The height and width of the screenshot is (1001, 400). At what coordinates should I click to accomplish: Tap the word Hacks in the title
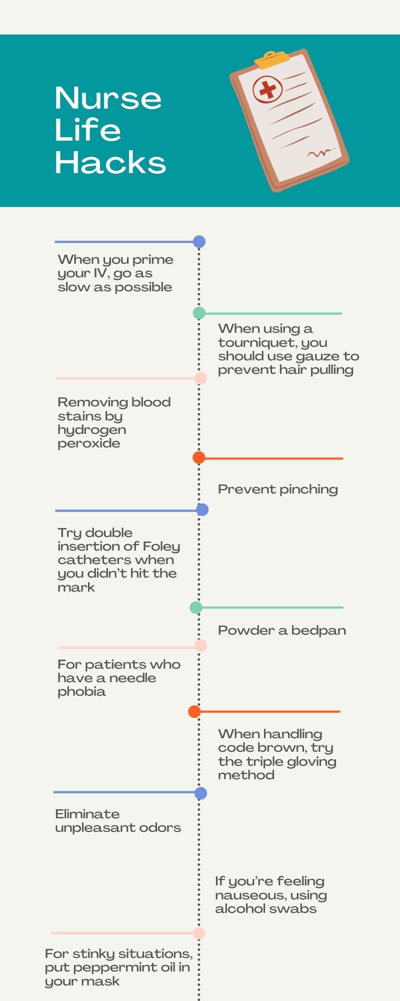point(110,163)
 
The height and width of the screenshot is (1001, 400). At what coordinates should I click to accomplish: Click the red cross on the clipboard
point(267,90)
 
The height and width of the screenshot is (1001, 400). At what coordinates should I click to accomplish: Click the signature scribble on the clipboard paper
point(320,153)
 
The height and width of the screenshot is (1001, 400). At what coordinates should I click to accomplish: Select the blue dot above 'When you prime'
point(199,242)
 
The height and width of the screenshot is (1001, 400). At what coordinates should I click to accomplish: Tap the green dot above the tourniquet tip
point(199,313)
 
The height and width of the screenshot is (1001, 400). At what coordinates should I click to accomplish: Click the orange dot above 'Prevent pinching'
point(199,457)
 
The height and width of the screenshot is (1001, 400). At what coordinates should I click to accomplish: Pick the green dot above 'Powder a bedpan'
point(196,608)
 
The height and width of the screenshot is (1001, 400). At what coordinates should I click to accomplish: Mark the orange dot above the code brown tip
point(194,712)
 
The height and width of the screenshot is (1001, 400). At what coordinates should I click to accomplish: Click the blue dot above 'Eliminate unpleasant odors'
point(200,793)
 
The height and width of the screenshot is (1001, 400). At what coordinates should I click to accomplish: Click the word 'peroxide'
point(89,444)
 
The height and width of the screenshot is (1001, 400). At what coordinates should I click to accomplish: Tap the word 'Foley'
point(161,547)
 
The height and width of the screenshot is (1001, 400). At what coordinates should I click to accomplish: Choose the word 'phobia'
point(81,692)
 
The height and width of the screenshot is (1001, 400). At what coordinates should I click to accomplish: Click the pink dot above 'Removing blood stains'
point(200,378)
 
